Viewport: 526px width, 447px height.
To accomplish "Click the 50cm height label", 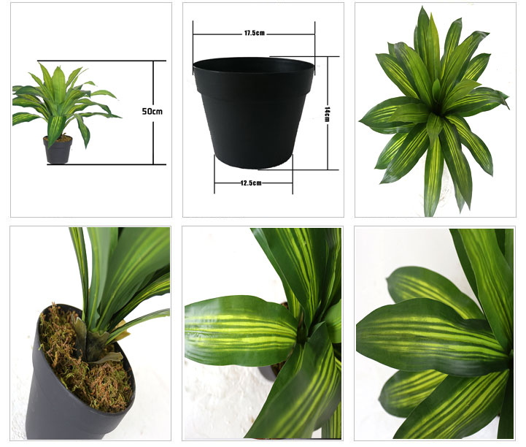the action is (x=152, y=111).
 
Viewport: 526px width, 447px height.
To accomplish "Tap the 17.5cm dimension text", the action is (x=255, y=33).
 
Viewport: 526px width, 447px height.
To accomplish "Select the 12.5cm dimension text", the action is (x=251, y=183).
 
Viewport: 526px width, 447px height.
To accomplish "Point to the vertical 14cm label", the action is (x=327, y=114).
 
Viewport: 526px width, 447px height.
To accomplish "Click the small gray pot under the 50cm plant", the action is (x=58, y=150).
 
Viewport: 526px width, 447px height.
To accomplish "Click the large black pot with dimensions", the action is (x=253, y=112).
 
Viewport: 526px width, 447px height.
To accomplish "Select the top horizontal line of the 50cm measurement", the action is (x=101, y=61).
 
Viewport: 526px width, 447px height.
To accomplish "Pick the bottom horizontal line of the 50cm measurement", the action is (x=107, y=164).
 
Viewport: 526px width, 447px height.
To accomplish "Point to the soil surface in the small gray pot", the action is (x=58, y=138).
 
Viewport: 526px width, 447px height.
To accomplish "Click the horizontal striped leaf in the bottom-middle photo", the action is (x=240, y=330).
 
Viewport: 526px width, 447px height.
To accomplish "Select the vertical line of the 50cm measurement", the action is (x=153, y=112).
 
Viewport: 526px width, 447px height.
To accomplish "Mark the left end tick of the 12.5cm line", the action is (x=214, y=174).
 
